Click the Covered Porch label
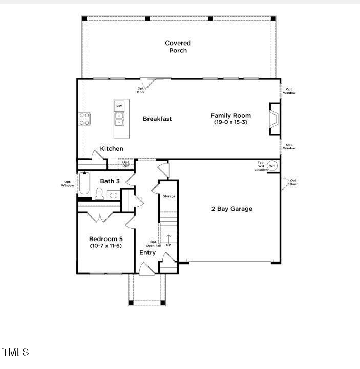click(x=178, y=47)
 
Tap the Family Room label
click(x=230, y=116)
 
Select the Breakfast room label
click(x=157, y=119)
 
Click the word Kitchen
click(x=112, y=149)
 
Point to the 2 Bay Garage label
click(x=231, y=209)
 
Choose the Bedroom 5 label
click(x=105, y=239)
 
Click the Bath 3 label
click(x=110, y=181)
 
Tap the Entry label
click(x=147, y=253)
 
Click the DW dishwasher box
click(x=119, y=106)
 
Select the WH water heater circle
click(x=272, y=165)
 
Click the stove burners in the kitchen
click(x=84, y=119)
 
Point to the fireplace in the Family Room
click(x=275, y=119)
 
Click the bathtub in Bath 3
click(x=84, y=184)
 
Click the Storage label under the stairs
click(x=169, y=196)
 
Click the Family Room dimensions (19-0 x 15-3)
click(x=230, y=122)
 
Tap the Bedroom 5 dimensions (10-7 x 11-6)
click(x=105, y=246)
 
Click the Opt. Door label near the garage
click(x=293, y=182)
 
